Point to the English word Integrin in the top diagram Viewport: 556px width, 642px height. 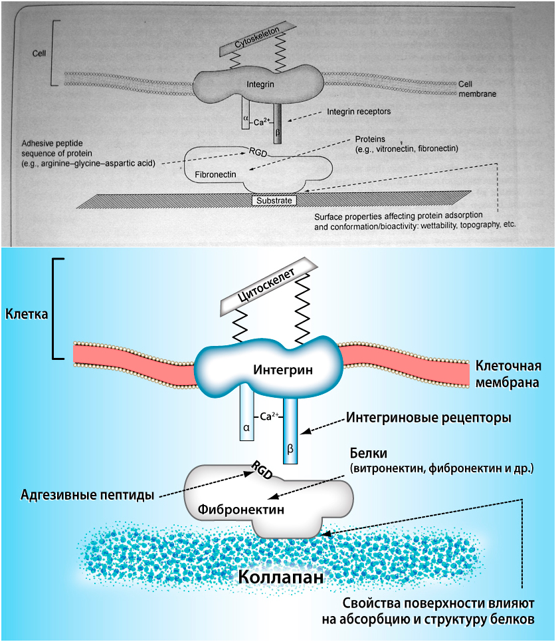pos(260,85)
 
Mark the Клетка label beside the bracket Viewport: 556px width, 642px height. pos(26,312)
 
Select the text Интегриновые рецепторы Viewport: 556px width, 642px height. pos(428,418)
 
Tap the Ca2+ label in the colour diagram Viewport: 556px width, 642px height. pos(268,416)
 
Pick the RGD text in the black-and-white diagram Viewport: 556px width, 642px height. pos(256,151)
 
